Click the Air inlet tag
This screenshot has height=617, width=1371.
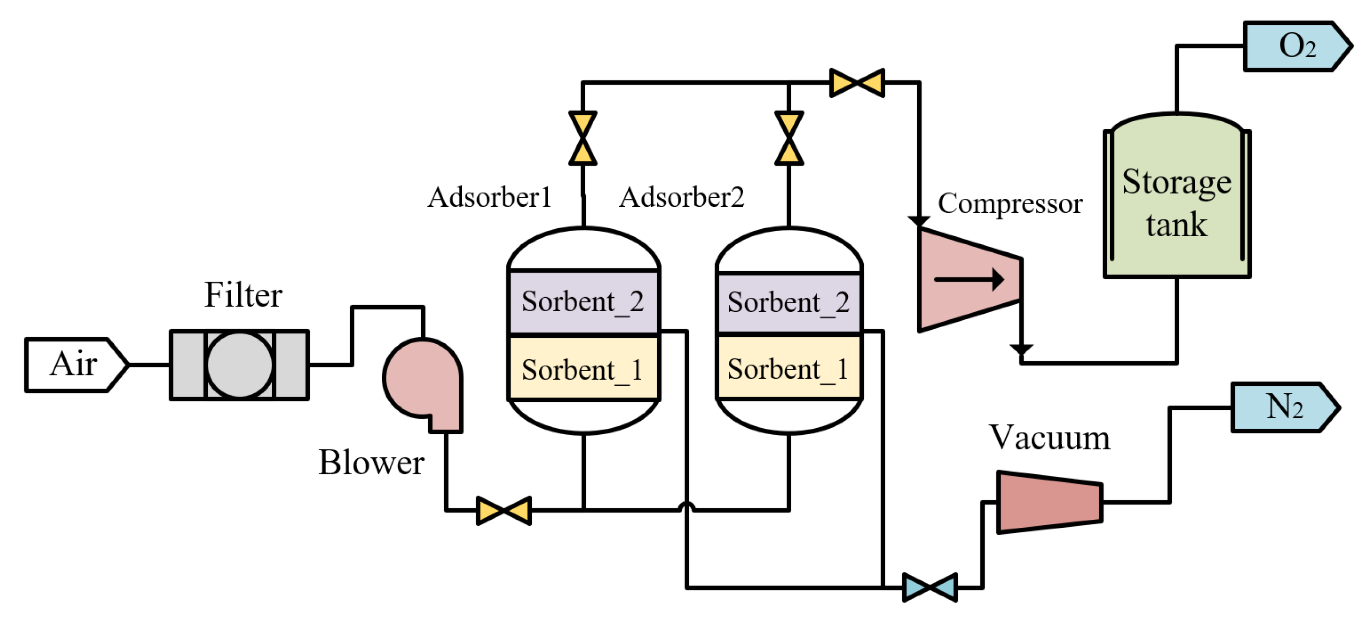pos(75,365)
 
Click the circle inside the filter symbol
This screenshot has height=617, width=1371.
pos(239,365)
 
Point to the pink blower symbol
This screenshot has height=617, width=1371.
pos(423,380)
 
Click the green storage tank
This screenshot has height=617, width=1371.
pos(1176,202)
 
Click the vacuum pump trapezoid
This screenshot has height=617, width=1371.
pos(1049,502)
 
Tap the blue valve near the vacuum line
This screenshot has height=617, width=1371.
pos(930,587)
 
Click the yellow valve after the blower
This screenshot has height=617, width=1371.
pos(503,510)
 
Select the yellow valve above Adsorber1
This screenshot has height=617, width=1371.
pos(583,138)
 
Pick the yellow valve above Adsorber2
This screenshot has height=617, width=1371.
pos(789,138)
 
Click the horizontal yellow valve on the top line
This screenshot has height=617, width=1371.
pos(857,83)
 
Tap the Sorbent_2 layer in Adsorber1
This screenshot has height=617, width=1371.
pos(583,302)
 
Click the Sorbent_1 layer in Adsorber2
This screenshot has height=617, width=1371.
pos(789,368)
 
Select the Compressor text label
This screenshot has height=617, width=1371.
pos(1010,203)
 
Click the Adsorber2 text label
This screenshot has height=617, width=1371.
pos(681,198)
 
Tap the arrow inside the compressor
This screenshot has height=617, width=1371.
pos(969,279)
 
